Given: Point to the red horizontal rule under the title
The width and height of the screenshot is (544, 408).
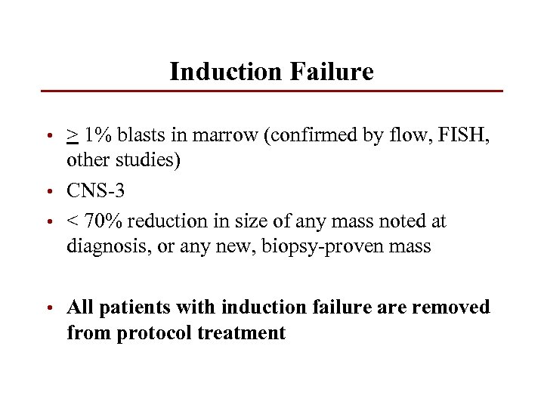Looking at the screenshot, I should pos(271,91).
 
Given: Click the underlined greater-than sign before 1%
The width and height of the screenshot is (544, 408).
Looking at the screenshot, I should pos(73,136).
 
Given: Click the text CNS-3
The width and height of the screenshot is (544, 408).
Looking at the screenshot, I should pos(95,191).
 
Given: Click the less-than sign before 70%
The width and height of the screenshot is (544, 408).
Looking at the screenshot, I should pos(73,222).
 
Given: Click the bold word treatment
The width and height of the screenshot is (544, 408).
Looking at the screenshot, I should pos(245,333).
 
